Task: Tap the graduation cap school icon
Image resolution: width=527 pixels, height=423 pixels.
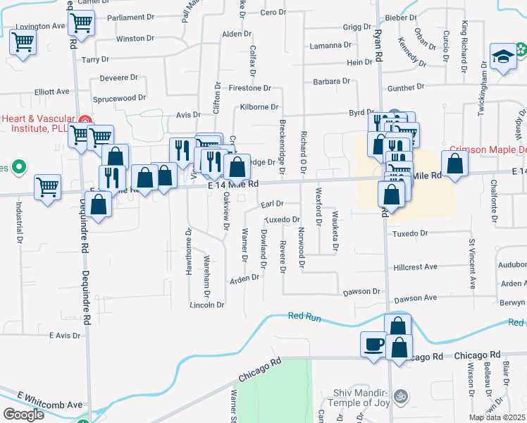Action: [x=504, y=58]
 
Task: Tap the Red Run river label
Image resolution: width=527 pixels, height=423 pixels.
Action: [x=304, y=317]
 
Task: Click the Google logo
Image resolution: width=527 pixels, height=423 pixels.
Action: [x=23, y=415]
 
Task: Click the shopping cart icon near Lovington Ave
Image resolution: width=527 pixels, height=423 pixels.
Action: [x=23, y=43]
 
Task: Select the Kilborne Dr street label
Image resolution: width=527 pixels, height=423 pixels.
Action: [x=259, y=106]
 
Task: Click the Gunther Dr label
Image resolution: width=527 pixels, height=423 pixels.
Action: [x=406, y=87]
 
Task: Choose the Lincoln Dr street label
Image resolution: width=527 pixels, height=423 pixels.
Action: [x=206, y=305]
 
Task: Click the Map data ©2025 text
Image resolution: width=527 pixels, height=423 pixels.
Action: [x=497, y=417]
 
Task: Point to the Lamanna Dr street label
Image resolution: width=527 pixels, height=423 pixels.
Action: [x=330, y=46]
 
